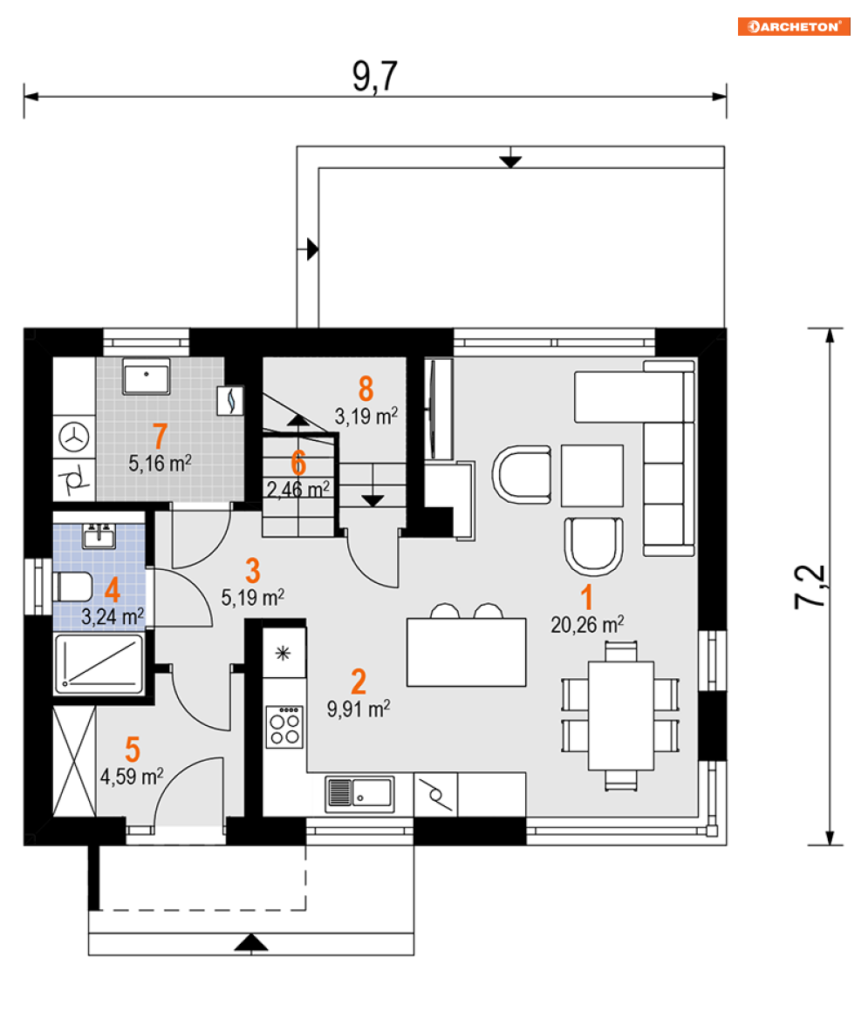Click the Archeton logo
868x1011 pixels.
pos(794,26)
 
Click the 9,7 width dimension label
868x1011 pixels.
pos(374,77)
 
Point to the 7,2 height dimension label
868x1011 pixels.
pos(810,587)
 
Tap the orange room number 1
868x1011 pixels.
pos(586,598)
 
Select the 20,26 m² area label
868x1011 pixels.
pos(587,624)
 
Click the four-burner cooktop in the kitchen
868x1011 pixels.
pos(284,727)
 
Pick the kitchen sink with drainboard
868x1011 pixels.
pos(359,794)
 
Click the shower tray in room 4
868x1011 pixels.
pos(99,665)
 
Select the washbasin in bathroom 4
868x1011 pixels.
pos(99,536)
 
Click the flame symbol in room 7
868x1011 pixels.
pos(230,400)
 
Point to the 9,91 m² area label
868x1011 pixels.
pos(359,709)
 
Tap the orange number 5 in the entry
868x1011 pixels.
pos(133,750)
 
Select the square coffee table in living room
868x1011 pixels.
pos(592,475)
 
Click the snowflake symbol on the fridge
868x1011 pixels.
pos(283,654)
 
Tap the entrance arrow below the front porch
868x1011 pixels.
pos(250,943)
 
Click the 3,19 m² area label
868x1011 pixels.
pos(366,417)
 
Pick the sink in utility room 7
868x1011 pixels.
pos(147,376)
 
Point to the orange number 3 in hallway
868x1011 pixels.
pos(252,571)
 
